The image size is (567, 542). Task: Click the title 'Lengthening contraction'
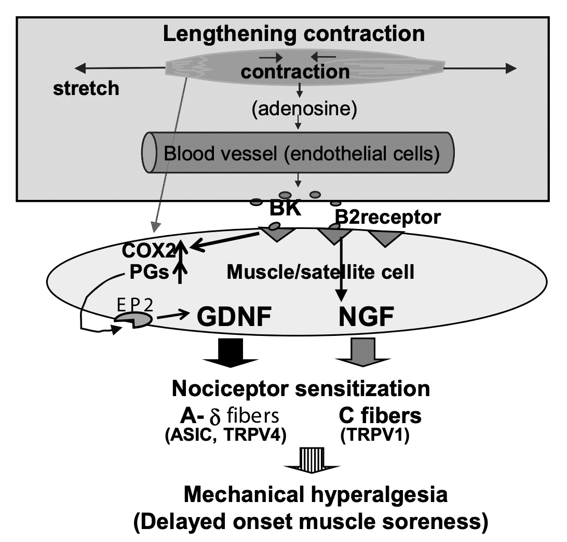(294, 34)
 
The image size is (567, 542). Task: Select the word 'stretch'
(86, 88)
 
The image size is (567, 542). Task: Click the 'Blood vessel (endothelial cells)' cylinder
(298, 154)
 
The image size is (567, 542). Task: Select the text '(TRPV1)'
(375, 437)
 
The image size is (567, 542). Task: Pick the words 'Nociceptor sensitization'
(301, 388)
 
